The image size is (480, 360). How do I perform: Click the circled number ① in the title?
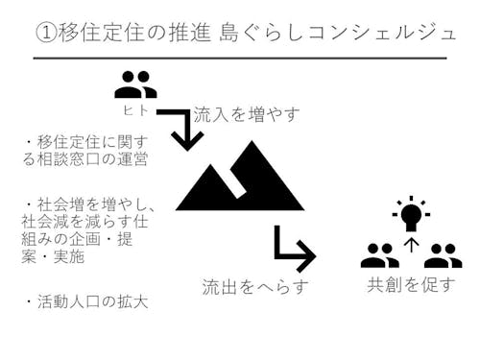point(46,32)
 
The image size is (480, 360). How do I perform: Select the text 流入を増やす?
point(247,114)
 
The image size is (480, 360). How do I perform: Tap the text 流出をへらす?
point(255,286)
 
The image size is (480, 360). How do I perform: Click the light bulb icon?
point(411,213)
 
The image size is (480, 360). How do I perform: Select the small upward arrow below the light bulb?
point(412,245)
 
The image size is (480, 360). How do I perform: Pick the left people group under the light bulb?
point(380,255)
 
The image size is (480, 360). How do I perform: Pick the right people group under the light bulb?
point(443,255)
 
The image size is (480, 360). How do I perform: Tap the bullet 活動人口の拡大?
point(86,302)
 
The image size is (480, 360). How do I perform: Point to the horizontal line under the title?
point(240,59)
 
